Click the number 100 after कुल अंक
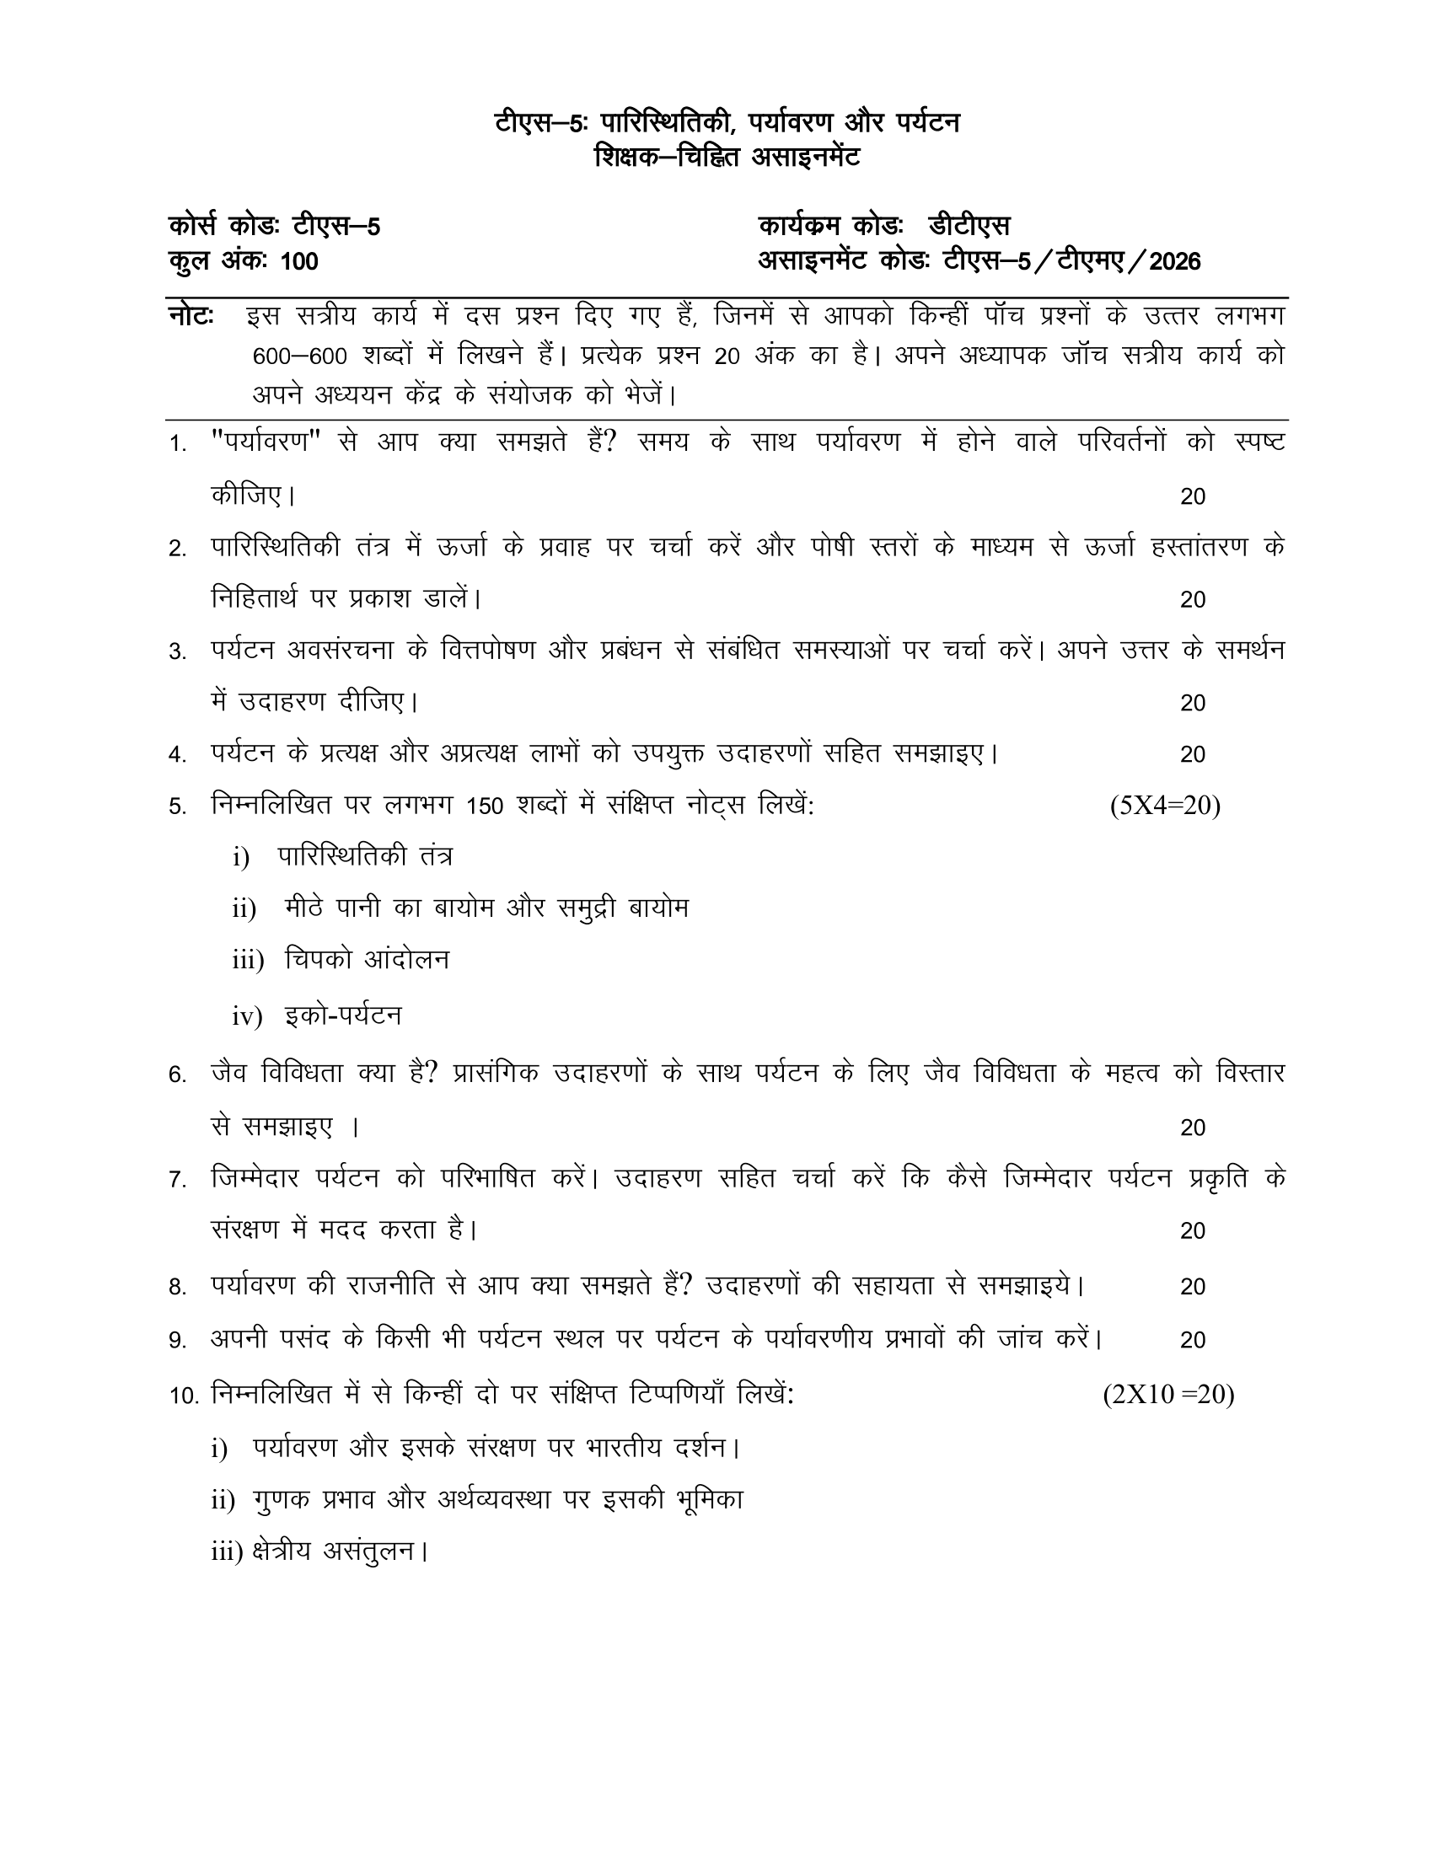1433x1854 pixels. (299, 261)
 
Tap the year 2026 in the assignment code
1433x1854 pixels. (1175, 261)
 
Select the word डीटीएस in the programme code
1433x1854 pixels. (969, 227)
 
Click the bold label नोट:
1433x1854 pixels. (191, 317)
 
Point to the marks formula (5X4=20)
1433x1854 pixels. (1165, 806)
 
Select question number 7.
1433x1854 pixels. (176, 1180)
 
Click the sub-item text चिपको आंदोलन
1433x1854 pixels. (367, 960)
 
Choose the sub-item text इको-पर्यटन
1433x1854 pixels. (343, 1015)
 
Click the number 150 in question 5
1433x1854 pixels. (485, 806)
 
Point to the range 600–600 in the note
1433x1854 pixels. (300, 356)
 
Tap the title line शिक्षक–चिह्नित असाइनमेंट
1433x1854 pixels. (727, 158)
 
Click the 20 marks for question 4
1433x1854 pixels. (1193, 755)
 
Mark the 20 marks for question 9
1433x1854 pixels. (1193, 1341)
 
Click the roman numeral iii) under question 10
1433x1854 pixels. (228, 1552)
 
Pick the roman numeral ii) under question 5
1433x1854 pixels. (244, 909)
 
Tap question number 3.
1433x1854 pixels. (176, 652)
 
